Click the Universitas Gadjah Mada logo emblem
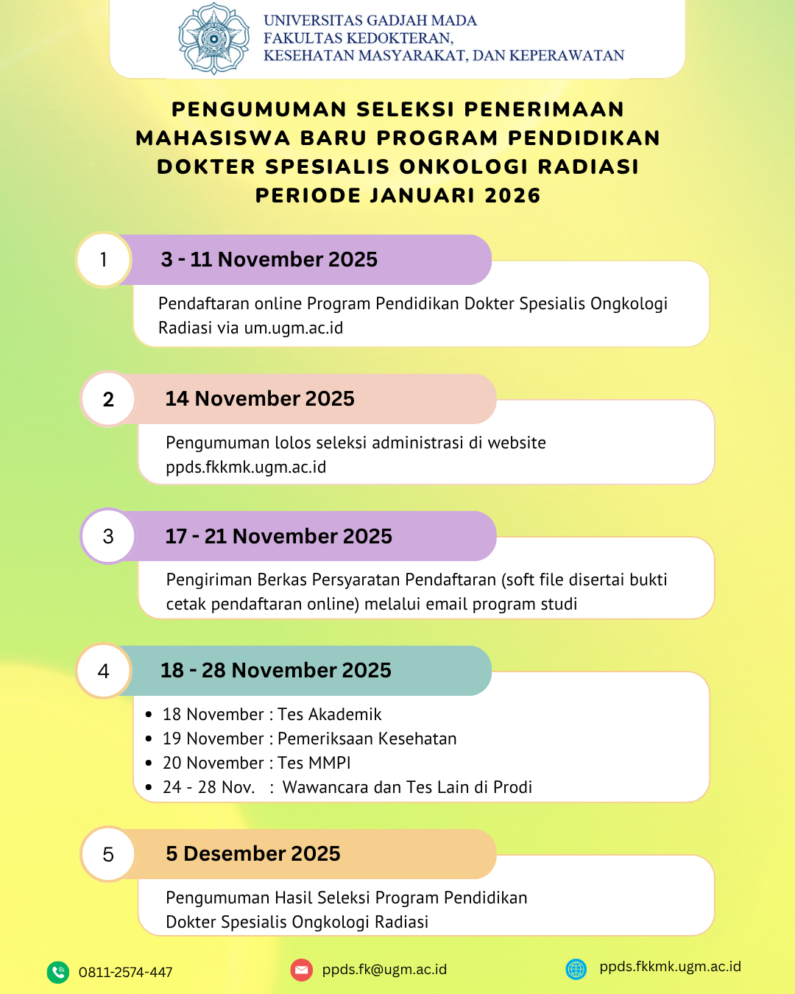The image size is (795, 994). (x=214, y=39)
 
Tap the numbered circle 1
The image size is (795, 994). (x=104, y=260)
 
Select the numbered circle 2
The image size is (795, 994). (x=108, y=399)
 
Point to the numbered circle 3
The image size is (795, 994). (x=108, y=536)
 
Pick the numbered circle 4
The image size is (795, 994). (x=104, y=671)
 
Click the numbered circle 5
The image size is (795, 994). (x=108, y=854)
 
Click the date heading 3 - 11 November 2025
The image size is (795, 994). (x=269, y=260)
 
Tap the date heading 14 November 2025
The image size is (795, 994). (x=260, y=399)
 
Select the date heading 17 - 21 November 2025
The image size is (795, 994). (x=278, y=536)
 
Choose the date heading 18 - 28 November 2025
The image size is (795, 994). (x=275, y=671)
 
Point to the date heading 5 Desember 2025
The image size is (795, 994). (x=253, y=854)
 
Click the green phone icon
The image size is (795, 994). (x=58, y=972)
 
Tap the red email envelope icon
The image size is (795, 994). (x=302, y=970)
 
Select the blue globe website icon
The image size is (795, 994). (x=576, y=969)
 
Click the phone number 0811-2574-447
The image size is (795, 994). (x=126, y=973)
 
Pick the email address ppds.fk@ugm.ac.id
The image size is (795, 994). (x=384, y=970)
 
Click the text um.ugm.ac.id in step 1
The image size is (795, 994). (x=294, y=328)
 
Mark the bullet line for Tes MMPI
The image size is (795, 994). (x=256, y=763)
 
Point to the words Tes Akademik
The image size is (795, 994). (x=330, y=715)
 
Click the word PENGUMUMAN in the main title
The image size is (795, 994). (x=259, y=110)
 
